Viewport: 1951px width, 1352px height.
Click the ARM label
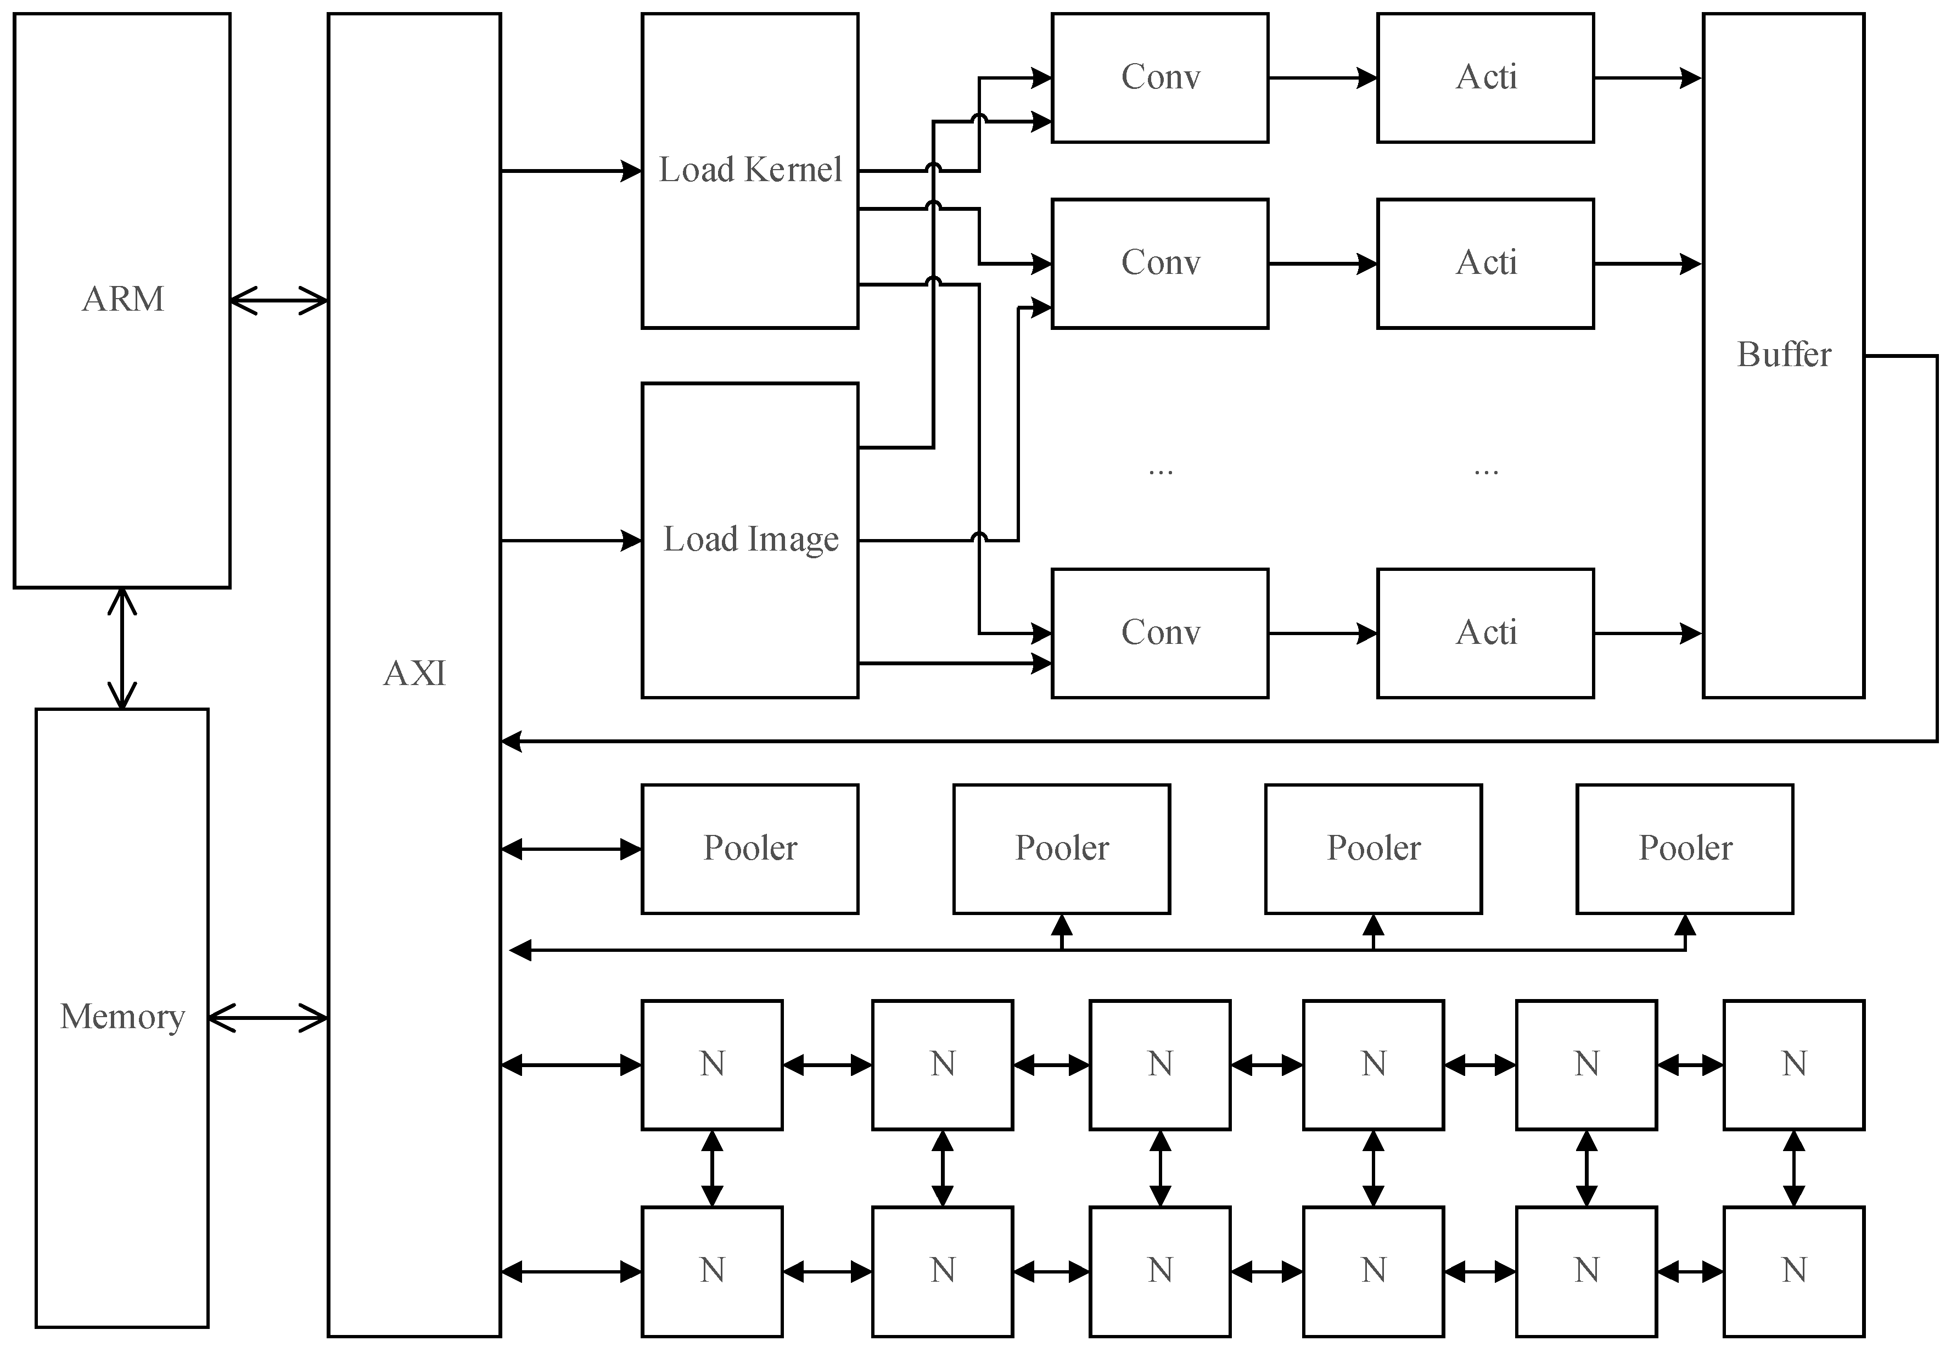tap(123, 300)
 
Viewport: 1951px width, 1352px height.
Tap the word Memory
tap(123, 1017)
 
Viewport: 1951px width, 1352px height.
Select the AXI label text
tap(414, 674)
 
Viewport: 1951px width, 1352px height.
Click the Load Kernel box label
tap(750, 170)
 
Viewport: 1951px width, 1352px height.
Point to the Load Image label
tap(750, 540)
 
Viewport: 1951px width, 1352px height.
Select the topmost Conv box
tap(1160, 78)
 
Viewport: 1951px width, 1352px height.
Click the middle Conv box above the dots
tap(1160, 263)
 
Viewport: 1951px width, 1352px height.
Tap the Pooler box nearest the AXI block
tap(750, 849)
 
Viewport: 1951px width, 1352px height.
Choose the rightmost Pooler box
tap(1684, 849)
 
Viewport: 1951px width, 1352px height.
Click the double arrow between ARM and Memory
tap(123, 648)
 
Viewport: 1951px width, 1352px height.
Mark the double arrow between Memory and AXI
tap(268, 1018)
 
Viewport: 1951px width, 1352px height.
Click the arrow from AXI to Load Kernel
tap(571, 171)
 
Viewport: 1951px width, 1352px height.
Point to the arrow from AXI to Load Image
tap(571, 541)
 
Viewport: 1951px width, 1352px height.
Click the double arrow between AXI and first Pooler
tap(571, 849)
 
